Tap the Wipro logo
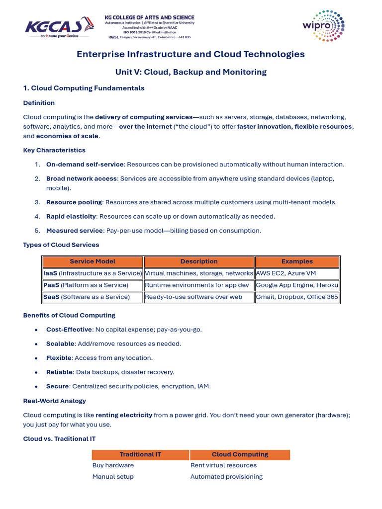[323, 26]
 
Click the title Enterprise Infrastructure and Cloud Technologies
[191, 54]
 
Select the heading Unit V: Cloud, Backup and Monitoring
[191, 72]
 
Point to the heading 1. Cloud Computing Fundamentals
[84, 88]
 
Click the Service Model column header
[93, 261]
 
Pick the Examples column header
[297, 261]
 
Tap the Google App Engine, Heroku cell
[297, 285]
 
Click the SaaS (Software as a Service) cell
[87, 297]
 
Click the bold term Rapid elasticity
[70, 216]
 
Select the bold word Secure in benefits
[57, 386]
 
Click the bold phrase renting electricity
[124, 415]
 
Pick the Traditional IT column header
[140, 454]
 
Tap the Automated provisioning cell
[226, 477]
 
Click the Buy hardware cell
[113, 466]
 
